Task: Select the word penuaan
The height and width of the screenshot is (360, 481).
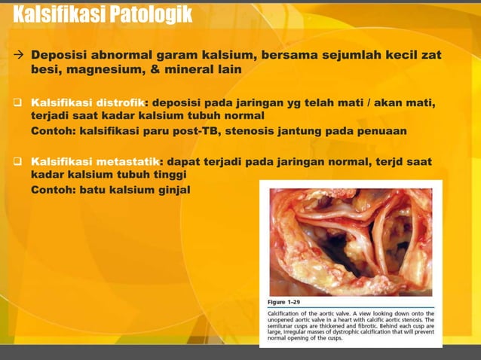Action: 383,130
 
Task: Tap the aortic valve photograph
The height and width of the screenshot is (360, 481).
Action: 350,241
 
